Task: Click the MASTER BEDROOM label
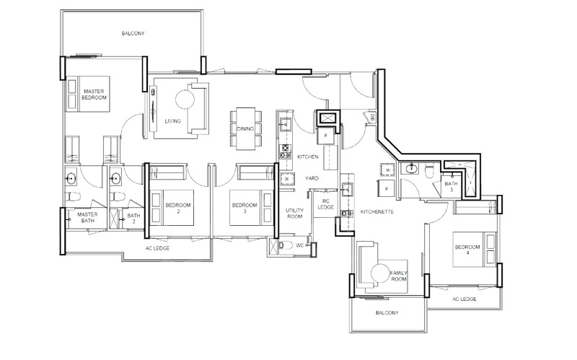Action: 94,94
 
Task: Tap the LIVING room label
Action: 172,121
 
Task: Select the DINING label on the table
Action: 245,128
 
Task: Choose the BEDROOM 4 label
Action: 467,250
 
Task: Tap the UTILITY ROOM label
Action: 295,213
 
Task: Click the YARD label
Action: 312,177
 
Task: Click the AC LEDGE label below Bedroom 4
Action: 465,298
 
